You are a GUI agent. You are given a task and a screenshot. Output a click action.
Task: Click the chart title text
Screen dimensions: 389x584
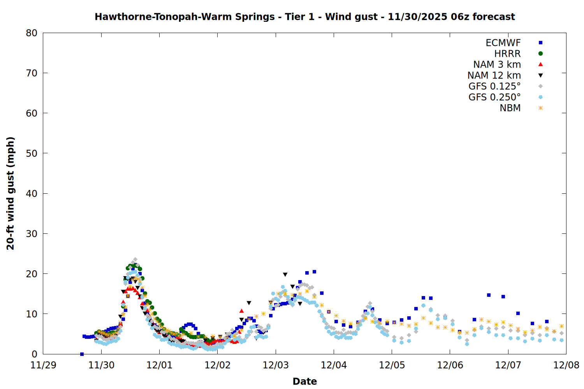point(304,17)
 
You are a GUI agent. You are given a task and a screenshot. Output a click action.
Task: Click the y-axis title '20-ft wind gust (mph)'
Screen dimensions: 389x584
point(11,193)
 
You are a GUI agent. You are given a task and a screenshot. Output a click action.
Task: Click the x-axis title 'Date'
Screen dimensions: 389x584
point(304,381)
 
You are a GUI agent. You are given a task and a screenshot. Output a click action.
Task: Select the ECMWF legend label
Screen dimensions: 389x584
point(503,43)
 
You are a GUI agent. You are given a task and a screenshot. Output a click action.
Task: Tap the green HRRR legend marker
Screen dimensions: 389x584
point(540,54)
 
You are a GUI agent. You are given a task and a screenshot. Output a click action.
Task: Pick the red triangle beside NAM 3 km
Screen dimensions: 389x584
point(540,64)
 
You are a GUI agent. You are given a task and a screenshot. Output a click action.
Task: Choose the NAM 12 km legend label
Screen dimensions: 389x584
point(494,75)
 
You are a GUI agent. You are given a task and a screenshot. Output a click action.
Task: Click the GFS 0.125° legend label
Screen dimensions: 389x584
point(494,86)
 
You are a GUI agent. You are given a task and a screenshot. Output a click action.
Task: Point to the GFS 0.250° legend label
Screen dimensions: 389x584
point(494,97)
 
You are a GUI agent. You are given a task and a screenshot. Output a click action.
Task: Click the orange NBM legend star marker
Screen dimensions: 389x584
point(540,108)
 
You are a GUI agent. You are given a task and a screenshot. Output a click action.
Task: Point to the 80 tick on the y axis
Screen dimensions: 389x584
point(32,33)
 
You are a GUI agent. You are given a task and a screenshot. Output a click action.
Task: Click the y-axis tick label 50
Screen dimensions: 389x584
point(32,153)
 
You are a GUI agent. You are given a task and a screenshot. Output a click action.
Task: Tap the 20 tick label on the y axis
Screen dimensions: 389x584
point(32,274)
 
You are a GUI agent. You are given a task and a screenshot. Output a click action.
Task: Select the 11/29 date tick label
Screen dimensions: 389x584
point(43,365)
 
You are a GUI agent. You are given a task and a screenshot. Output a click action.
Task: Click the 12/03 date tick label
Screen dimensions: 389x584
point(276,365)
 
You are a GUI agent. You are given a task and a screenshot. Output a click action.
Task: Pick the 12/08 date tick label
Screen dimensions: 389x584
point(566,365)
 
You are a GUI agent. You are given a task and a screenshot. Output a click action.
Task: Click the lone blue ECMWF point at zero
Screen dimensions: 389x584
point(82,354)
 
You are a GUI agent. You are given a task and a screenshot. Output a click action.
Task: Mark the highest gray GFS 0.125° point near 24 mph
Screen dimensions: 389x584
point(135,259)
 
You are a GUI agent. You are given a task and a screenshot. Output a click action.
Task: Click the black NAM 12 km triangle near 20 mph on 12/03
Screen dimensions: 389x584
point(285,275)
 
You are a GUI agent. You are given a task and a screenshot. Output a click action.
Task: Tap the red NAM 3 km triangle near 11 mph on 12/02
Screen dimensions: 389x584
point(241,311)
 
